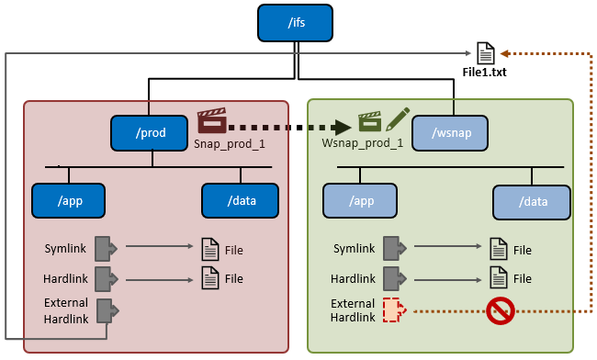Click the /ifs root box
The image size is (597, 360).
[295, 22]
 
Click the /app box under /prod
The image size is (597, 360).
[69, 200]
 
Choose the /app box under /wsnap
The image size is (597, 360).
[359, 200]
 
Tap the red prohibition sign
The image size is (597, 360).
[501, 309]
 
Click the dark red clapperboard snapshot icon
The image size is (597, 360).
[211, 122]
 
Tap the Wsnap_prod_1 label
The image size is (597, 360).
[363, 144]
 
